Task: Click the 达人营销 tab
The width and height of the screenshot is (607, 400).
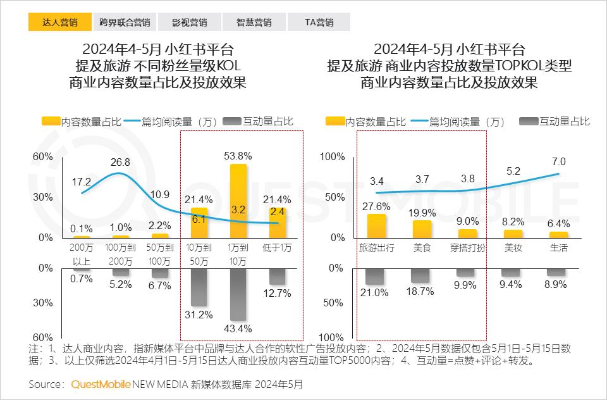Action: (x=59, y=22)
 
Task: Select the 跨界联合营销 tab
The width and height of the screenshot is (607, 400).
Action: (x=125, y=22)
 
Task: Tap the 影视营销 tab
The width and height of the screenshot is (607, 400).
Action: (x=189, y=22)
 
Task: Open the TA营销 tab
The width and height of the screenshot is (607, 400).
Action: (x=319, y=22)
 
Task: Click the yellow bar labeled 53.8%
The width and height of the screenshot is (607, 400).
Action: (x=238, y=201)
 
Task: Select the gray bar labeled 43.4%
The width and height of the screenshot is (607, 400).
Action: (x=238, y=294)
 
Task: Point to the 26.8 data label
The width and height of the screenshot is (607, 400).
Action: (x=120, y=163)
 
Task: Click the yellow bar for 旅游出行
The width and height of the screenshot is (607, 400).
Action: (x=377, y=225)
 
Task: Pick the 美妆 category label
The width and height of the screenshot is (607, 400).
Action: (x=513, y=248)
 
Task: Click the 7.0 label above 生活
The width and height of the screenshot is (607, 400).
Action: (x=558, y=161)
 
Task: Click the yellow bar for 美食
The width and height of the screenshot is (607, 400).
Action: (x=422, y=228)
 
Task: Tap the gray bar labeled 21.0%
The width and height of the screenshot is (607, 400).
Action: (x=376, y=277)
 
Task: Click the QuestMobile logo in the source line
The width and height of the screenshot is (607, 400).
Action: (x=101, y=384)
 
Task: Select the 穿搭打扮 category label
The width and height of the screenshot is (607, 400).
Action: (x=468, y=248)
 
